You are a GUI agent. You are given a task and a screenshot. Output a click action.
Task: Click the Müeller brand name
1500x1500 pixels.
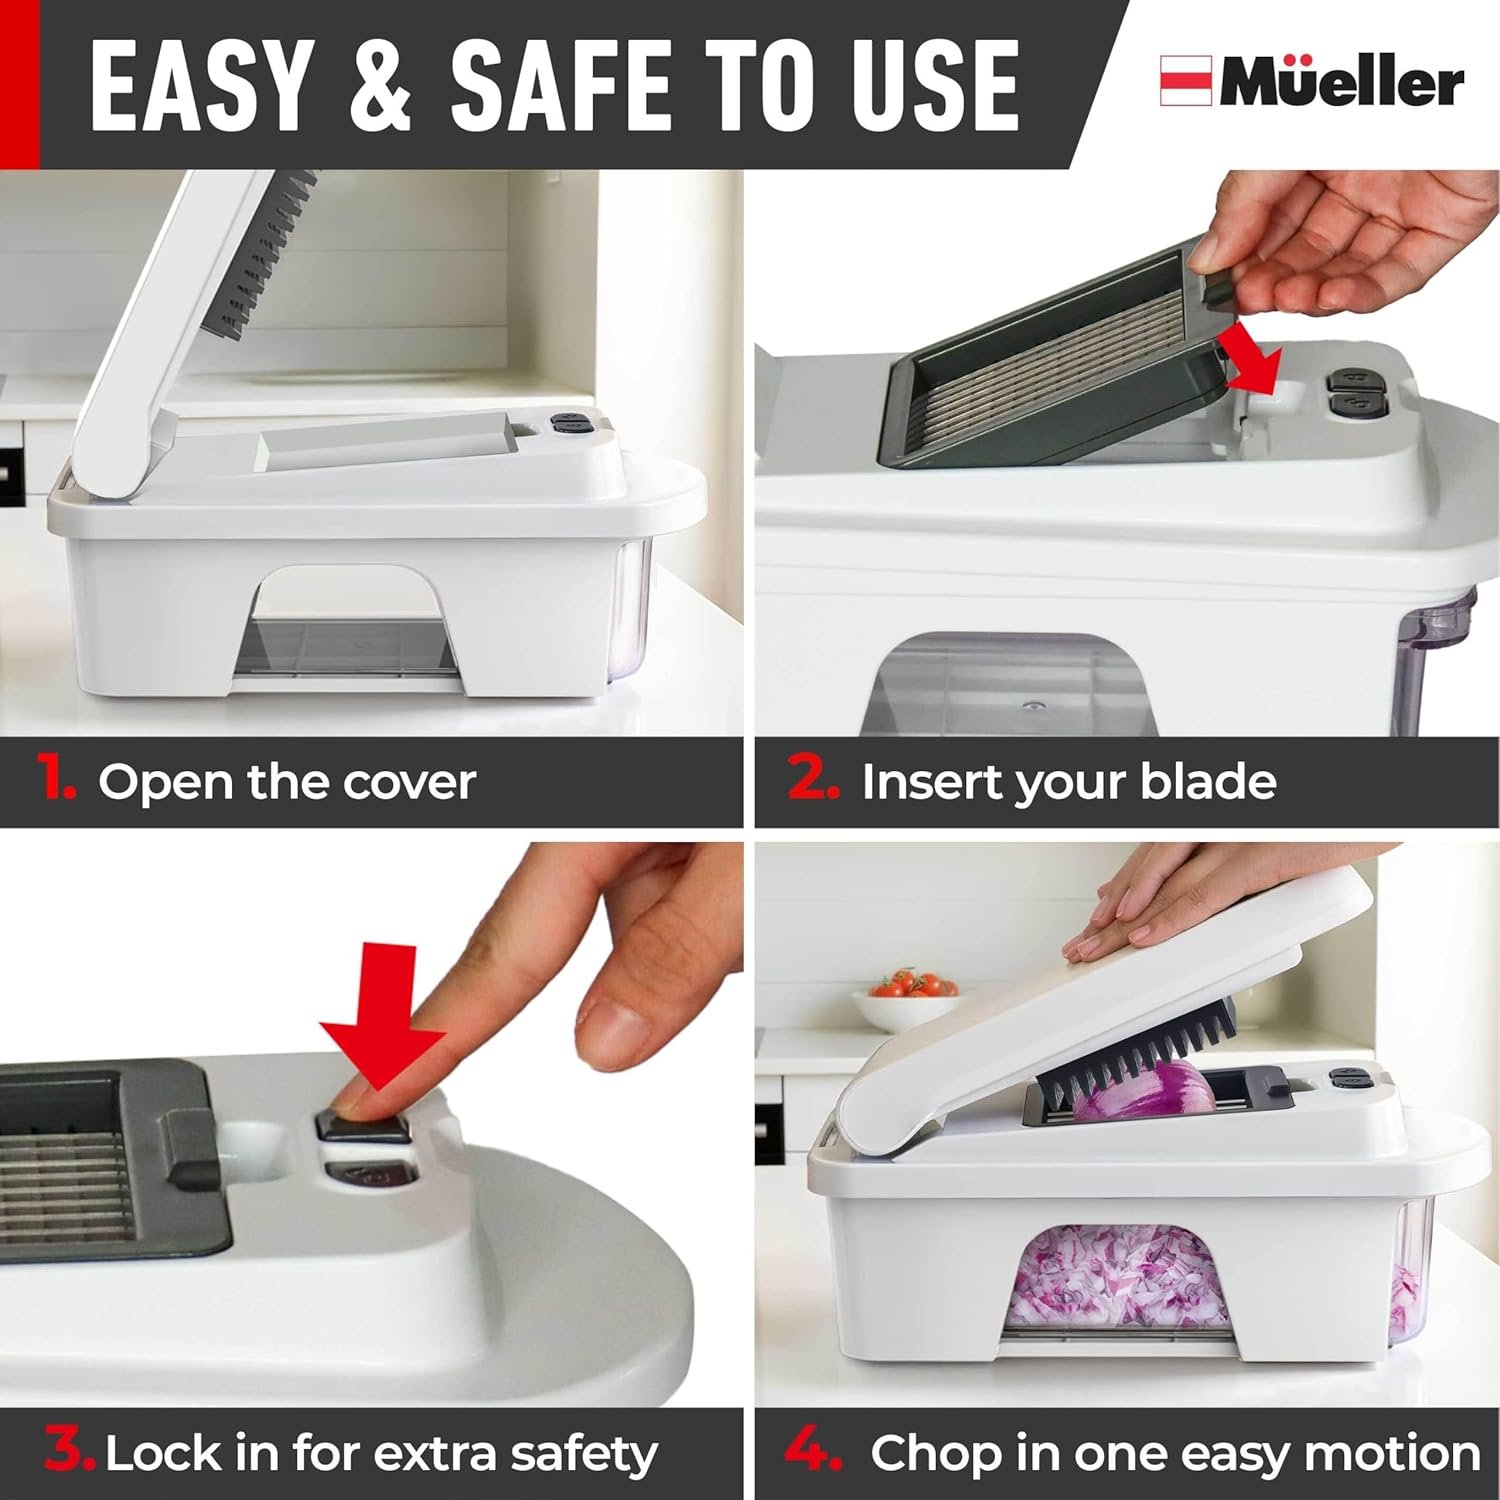(1341, 84)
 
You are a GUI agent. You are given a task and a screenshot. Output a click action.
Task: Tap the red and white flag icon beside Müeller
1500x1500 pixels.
(1186, 82)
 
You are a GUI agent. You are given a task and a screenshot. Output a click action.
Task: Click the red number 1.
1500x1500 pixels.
(57, 778)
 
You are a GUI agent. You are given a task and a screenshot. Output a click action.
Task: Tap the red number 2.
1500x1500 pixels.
(812, 778)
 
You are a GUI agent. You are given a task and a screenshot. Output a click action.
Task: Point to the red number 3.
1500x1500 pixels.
(68, 1451)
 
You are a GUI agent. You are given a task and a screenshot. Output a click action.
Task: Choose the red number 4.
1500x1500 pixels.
(813, 1451)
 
